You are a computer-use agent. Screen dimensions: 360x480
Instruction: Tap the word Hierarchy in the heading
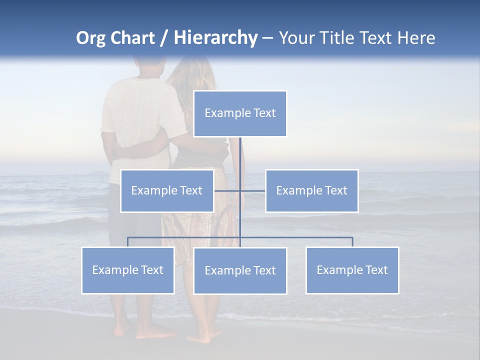[x=215, y=38]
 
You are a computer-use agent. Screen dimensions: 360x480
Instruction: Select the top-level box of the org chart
[x=240, y=113]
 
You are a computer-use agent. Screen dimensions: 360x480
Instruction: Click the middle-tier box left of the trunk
[x=167, y=190]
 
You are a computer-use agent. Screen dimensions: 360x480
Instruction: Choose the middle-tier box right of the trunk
[x=311, y=190]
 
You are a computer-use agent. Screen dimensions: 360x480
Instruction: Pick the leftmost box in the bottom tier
[x=127, y=270]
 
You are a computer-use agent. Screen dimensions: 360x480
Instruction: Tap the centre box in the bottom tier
[x=240, y=270]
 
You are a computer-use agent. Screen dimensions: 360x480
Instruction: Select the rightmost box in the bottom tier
[x=352, y=270]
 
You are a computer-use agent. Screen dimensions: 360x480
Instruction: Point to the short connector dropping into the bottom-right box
[x=352, y=242]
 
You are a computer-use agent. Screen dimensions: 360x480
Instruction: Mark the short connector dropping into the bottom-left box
[x=127, y=242]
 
